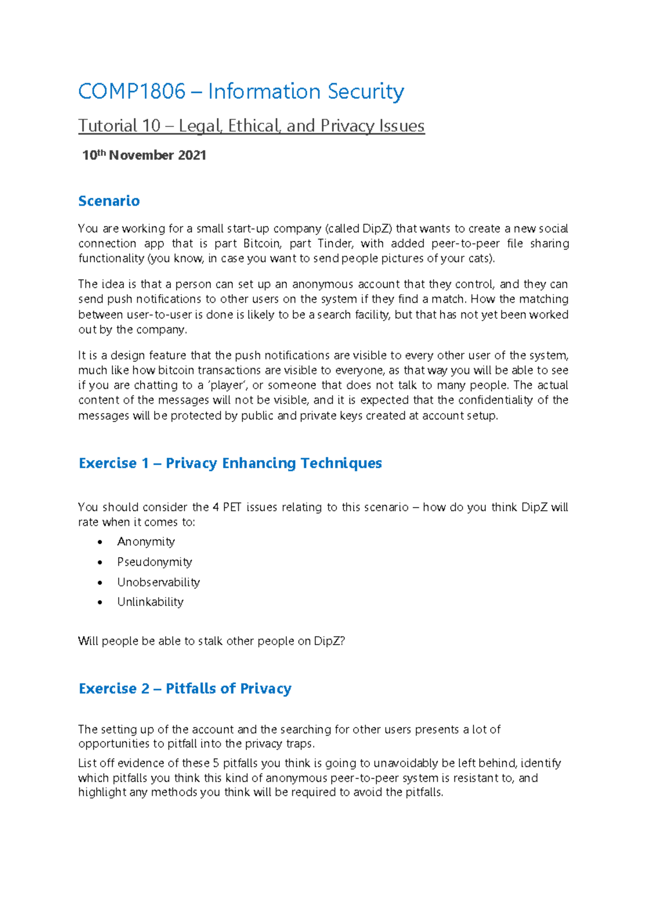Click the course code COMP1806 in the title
pyautogui.click(x=132, y=92)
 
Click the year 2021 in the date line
pyautogui.click(x=192, y=156)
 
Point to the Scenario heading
pyautogui.click(x=109, y=201)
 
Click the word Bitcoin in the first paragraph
pyautogui.click(x=262, y=244)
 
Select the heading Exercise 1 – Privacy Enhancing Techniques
pyautogui.click(x=230, y=463)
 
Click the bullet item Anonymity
pyautogui.click(x=146, y=542)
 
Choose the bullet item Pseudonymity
pyautogui.click(x=155, y=562)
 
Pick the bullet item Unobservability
pyautogui.click(x=159, y=583)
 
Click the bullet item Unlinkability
pyautogui.click(x=150, y=602)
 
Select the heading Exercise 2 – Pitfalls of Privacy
pyautogui.click(x=185, y=689)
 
